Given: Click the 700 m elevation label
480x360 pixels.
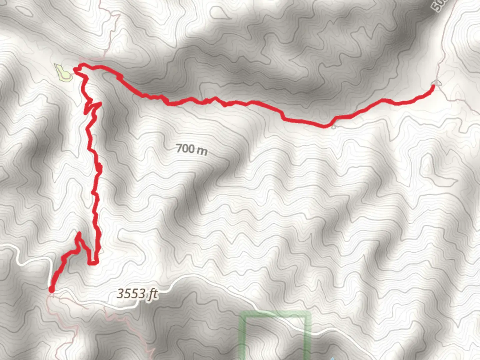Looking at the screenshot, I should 192,149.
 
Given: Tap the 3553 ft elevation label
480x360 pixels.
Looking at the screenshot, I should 137,294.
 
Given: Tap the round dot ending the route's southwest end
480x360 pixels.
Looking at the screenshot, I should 51,289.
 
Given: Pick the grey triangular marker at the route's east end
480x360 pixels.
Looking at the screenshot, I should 436,83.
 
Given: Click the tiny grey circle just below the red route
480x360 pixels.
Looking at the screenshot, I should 334,127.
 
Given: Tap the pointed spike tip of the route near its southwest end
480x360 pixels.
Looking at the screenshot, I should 79,233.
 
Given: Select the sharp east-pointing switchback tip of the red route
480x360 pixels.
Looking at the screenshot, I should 100,104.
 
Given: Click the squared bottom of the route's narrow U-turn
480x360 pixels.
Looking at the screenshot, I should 93,263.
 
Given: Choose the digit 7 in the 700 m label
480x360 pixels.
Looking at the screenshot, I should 179,148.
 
